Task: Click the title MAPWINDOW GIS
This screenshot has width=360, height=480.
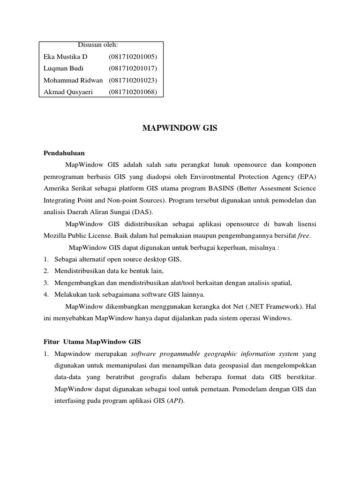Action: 180,128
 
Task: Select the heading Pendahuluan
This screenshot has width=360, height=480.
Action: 64,153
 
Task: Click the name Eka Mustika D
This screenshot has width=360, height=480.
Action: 65,57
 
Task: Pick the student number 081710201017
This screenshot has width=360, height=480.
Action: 133,68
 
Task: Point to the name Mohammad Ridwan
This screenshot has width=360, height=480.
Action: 73,80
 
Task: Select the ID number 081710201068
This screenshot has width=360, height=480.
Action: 133,92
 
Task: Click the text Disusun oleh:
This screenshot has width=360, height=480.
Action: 97,45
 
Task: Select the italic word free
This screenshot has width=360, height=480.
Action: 303,235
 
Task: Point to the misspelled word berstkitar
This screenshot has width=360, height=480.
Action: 300,377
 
